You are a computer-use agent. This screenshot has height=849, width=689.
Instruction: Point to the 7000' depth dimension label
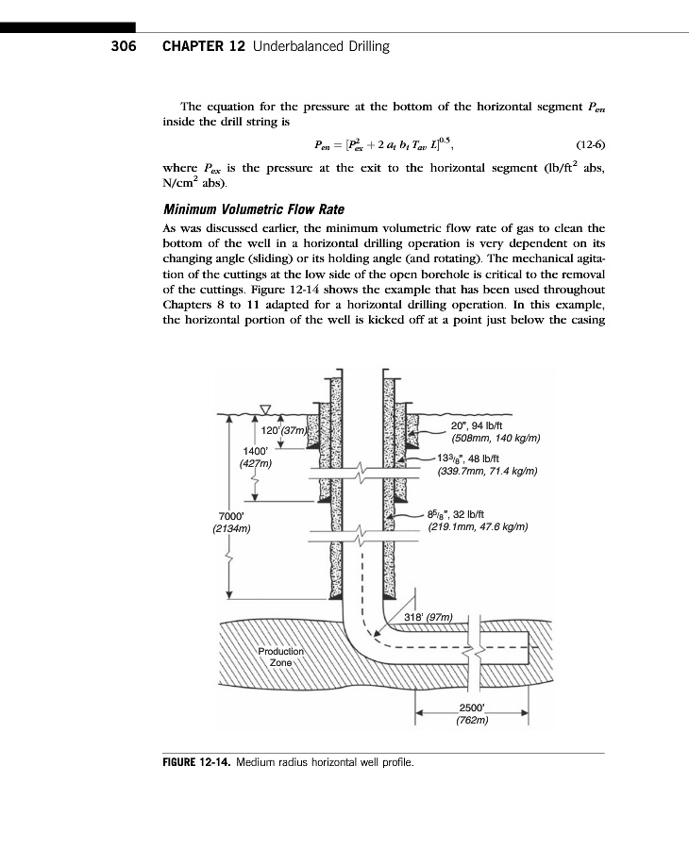pos(230,516)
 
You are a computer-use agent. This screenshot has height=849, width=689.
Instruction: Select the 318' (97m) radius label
pos(429,617)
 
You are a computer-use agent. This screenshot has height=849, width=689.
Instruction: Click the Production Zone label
pos(281,657)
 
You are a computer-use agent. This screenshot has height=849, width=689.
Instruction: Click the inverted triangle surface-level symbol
pos(265,408)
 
